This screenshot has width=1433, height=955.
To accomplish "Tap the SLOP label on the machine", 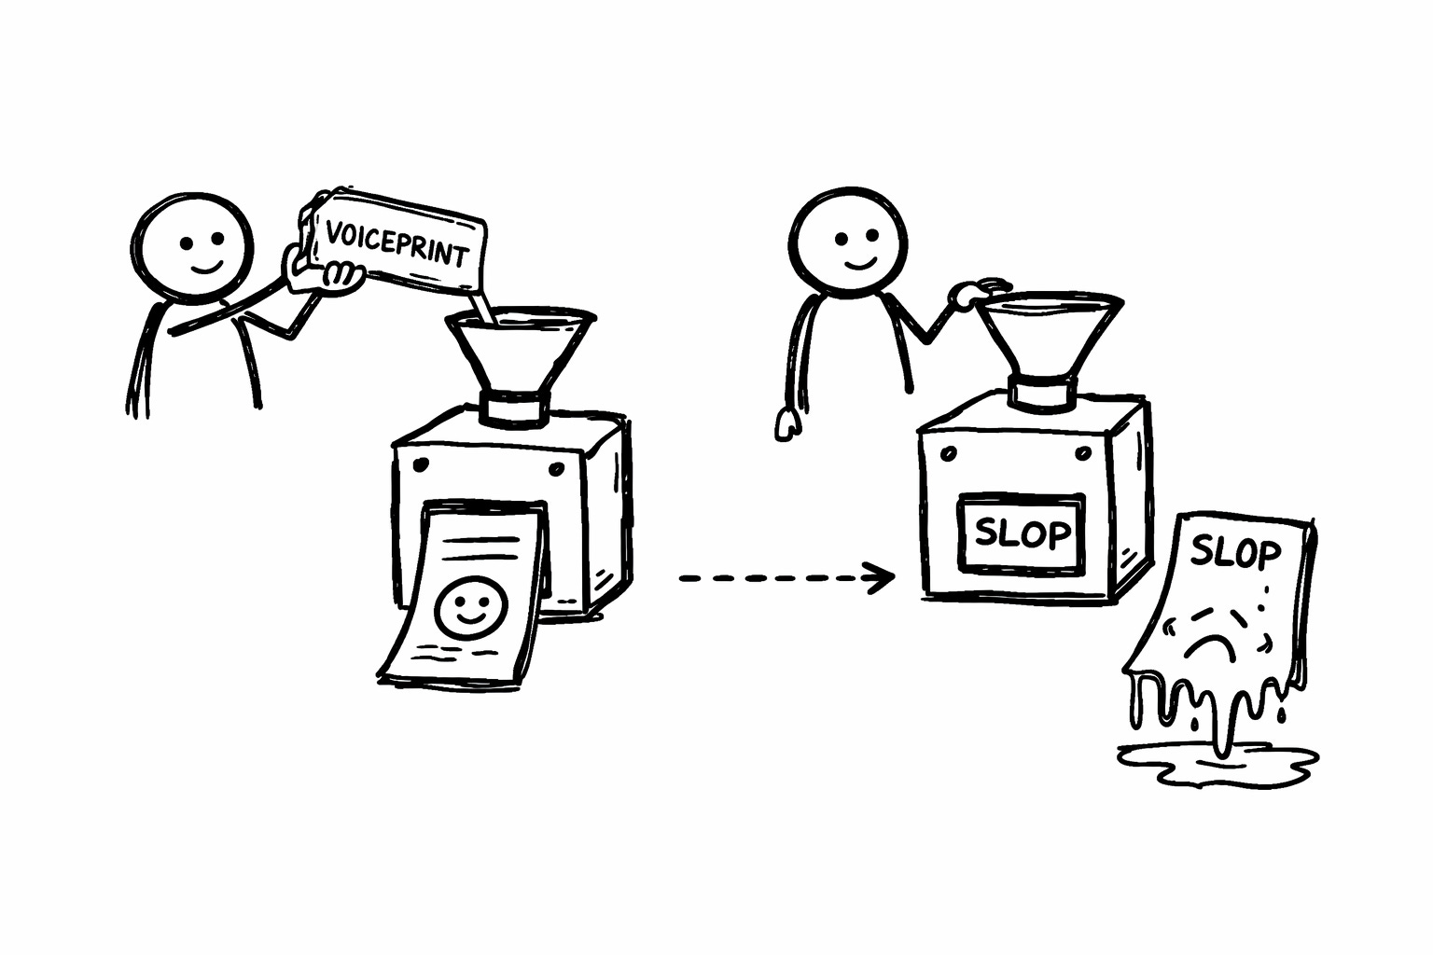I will (x=1022, y=533).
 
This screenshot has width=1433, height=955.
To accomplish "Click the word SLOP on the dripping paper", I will (x=1235, y=553).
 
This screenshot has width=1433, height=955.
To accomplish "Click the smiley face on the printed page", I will (x=469, y=609).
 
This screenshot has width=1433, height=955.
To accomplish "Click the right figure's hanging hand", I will (x=786, y=424).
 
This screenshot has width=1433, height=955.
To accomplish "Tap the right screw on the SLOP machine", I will (x=1082, y=453).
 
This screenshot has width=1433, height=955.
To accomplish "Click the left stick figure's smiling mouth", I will (x=206, y=269).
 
